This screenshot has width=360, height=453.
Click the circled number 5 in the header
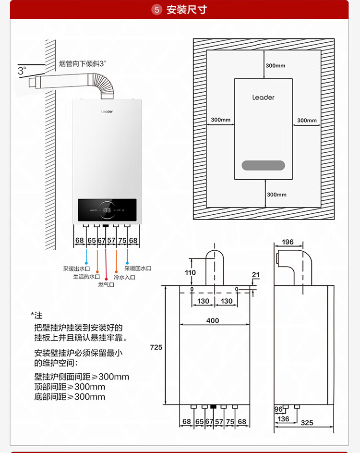[156, 10]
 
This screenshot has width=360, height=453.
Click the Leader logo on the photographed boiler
[107, 111]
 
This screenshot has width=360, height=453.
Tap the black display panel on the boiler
[107, 210]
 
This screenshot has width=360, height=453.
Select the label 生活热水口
[86, 277]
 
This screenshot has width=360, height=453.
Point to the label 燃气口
[106, 285]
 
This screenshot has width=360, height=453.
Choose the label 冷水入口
[124, 277]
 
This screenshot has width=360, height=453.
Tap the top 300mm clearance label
[276, 66]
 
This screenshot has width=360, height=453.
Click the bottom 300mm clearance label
[276, 195]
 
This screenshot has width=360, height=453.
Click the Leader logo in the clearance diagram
[264, 98]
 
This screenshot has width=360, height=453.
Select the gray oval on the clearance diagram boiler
[264, 165]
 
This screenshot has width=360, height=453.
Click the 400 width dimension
[213, 320]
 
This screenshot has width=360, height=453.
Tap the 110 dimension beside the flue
[191, 272]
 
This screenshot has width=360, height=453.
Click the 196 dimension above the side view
[288, 242]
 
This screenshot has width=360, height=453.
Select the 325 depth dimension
[307, 423]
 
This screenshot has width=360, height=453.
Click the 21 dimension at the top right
[255, 275]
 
